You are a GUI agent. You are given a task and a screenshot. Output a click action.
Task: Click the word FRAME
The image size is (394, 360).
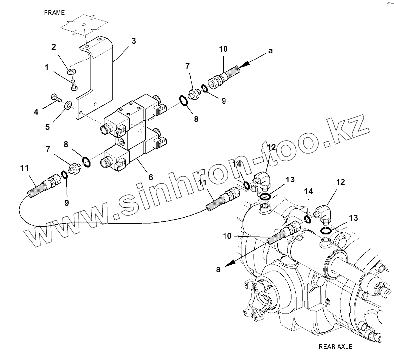pos(54,12)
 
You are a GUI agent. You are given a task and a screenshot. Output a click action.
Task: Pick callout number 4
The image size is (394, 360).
pos(36,112)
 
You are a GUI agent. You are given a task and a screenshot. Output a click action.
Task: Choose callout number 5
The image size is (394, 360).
pos(48,126)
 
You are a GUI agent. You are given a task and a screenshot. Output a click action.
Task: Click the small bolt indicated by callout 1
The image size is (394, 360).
pos(73,85)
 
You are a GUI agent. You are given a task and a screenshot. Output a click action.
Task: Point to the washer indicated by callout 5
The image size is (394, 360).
pos(68,105)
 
